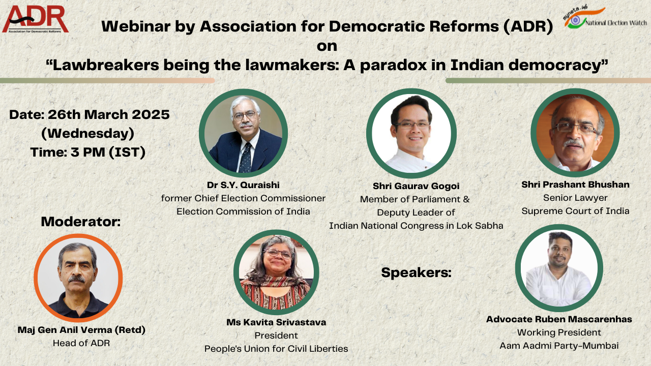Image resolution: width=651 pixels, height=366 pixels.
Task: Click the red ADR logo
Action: click(35, 19)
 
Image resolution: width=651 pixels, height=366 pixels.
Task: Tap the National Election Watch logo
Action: click(605, 17)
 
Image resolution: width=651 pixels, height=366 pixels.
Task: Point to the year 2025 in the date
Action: click(151, 114)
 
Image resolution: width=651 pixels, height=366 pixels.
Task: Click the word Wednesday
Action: click(88, 134)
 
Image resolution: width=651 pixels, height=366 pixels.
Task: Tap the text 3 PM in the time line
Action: click(87, 152)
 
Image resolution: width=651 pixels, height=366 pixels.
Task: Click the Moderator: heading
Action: click(81, 222)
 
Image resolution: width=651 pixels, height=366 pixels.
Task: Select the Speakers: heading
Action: click(416, 273)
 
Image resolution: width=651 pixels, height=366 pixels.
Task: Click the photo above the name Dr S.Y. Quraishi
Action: click(243, 133)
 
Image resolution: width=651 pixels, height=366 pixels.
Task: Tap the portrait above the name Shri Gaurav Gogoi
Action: click(411, 133)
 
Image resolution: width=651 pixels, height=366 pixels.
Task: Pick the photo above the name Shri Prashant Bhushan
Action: click(575, 133)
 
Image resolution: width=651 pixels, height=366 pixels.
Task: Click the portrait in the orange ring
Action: click(78, 278)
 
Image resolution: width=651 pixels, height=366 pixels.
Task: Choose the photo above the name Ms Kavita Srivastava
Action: click(276, 272)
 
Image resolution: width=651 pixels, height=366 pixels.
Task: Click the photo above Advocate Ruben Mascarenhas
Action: click(559, 268)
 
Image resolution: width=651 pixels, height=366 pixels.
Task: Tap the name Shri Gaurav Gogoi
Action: click(416, 186)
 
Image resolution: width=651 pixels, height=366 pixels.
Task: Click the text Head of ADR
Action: click(81, 343)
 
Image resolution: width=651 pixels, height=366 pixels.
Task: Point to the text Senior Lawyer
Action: click(575, 198)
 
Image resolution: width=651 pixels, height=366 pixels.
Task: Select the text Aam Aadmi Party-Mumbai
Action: click(559, 346)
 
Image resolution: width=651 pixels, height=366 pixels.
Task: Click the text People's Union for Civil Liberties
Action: click(276, 349)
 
